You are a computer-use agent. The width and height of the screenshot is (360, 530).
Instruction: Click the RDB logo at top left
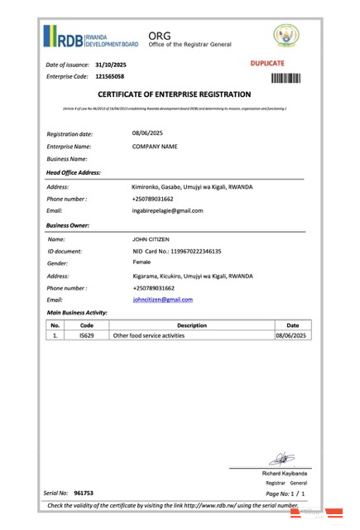tap(91, 37)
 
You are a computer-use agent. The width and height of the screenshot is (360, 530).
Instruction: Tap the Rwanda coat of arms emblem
tap(286, 35)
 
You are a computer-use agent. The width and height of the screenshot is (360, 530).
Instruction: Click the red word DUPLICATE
tap(266, 63)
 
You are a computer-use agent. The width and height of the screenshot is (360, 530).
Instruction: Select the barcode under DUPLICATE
tap(286, 78)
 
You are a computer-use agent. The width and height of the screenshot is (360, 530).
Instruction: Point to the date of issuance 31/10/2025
tap(111, 64)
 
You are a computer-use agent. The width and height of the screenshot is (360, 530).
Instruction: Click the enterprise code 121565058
tap(110, 76)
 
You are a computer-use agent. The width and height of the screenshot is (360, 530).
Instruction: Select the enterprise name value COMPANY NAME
tap(155, 146)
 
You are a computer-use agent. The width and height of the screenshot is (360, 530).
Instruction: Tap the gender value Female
tap(142, 262)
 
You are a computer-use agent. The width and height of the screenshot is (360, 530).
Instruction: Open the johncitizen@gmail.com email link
tap(162, 299)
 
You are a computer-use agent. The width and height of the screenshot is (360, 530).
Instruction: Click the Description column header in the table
tap(192, 325)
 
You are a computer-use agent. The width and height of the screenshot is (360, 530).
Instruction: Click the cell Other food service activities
tap(148, 336)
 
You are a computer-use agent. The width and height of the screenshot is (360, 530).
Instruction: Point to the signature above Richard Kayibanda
tap(281, 456)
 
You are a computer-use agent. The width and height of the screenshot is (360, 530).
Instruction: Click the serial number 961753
tap(84, 493)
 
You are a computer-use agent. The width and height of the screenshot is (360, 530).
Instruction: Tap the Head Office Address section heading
tap(74, 172)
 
